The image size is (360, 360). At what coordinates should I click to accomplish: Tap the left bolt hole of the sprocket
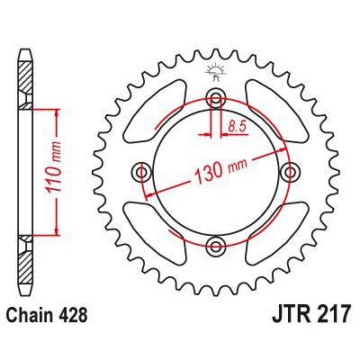[142, 172]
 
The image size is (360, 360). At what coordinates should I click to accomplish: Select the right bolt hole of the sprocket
[289, 172]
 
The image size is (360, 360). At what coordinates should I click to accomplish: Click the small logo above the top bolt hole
[216, 70]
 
